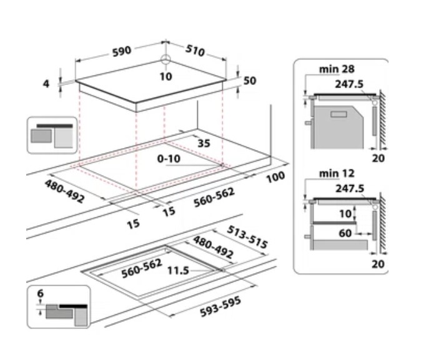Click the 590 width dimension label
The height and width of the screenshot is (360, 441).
coord(121,50)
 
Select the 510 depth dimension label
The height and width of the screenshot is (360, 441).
coord(196,50)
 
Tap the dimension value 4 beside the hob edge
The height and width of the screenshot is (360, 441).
coord(46,83)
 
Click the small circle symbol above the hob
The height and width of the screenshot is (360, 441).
coord(165,61)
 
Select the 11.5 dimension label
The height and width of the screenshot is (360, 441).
coord(178,271)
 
